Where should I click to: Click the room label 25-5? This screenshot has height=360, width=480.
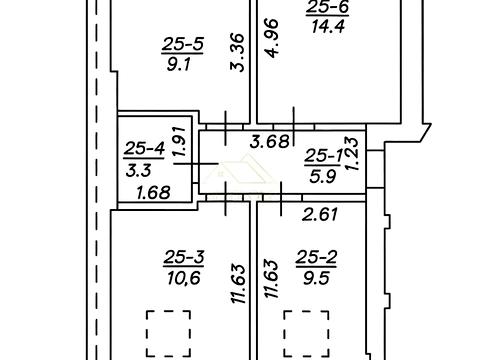183,45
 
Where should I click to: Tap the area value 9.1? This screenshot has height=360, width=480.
179,64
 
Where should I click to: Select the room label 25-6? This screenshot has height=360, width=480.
327,7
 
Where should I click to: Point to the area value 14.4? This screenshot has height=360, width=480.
328,26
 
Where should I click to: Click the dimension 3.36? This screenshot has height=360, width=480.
238,52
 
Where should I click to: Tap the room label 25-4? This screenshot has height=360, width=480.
144,149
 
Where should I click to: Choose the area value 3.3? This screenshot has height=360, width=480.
139,171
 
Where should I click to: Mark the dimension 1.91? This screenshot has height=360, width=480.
180,141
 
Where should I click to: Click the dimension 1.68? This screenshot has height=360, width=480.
154,193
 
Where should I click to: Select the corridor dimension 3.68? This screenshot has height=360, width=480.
270,142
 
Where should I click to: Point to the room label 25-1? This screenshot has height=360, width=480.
322,156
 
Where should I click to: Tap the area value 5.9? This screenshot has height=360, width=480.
322,176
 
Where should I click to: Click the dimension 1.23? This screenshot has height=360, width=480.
352,154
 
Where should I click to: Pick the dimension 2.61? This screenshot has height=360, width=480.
320,214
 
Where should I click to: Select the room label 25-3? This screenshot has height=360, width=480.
184,258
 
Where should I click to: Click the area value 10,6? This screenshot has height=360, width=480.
184,278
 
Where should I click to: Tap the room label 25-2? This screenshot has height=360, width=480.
316,258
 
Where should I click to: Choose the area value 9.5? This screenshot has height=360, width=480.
316,278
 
